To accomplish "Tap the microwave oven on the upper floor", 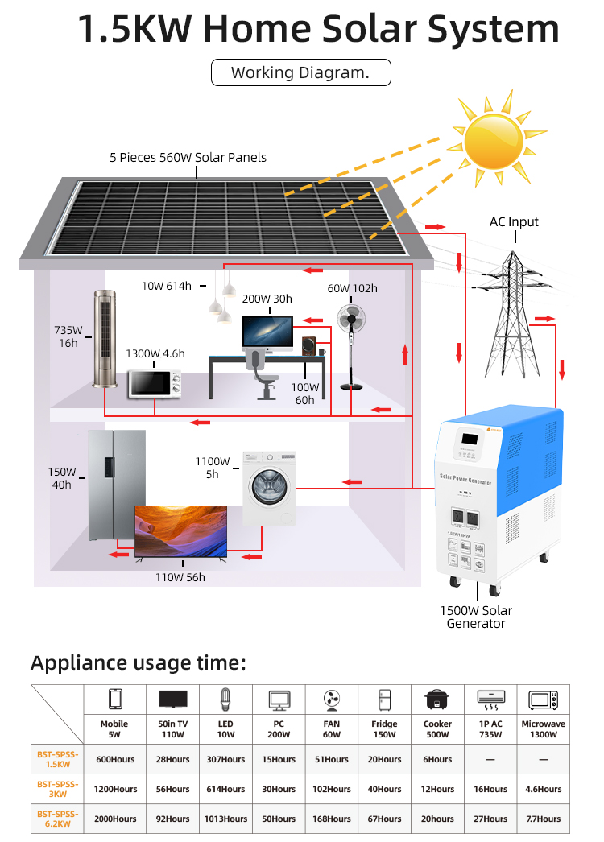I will (154, 384).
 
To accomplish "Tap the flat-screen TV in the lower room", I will (180, 531).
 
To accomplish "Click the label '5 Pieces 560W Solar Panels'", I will (188, 158).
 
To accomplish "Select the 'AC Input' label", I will (514, 222).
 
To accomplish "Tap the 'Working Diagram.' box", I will (300, 72).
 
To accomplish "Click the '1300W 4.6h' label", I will (155, 353).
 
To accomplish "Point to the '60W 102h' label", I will (352, 289).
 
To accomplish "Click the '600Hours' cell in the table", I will (114, 759).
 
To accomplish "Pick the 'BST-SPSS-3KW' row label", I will (57, 789).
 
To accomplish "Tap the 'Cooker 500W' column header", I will (438, 729).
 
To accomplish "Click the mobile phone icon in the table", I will (114, 698).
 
